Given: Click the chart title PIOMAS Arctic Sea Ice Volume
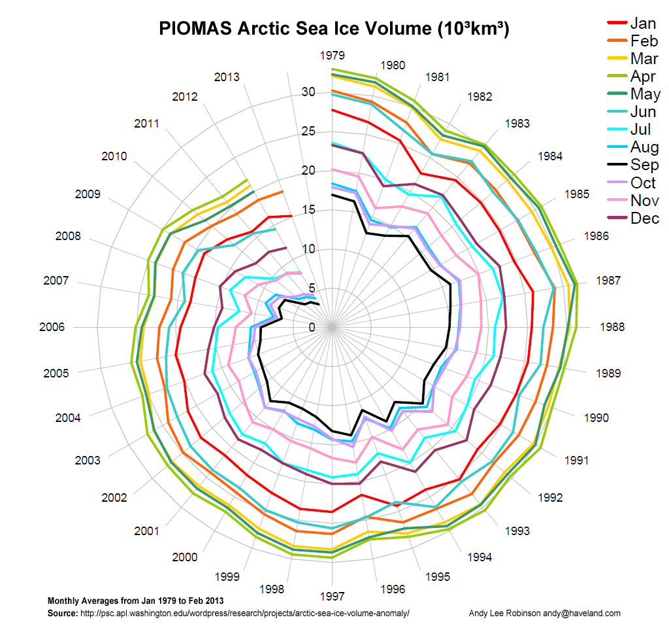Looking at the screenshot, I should [334, 29].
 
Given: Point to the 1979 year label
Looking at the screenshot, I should [332, 56].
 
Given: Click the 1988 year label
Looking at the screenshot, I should [612, 327].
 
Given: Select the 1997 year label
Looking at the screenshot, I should [332, 597].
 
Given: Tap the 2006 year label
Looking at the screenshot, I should [52, 327].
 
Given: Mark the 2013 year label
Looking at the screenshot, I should [227, 77].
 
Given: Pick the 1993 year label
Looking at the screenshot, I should [517, 531].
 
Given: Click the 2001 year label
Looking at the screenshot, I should [146, 531].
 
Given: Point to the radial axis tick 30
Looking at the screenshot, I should [308, 92].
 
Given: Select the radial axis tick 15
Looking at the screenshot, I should [308, 210].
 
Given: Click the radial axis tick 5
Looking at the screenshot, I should [312, 288].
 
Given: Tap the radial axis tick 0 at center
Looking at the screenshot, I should [312, 327].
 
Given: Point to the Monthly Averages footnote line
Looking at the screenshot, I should [136, 601].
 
